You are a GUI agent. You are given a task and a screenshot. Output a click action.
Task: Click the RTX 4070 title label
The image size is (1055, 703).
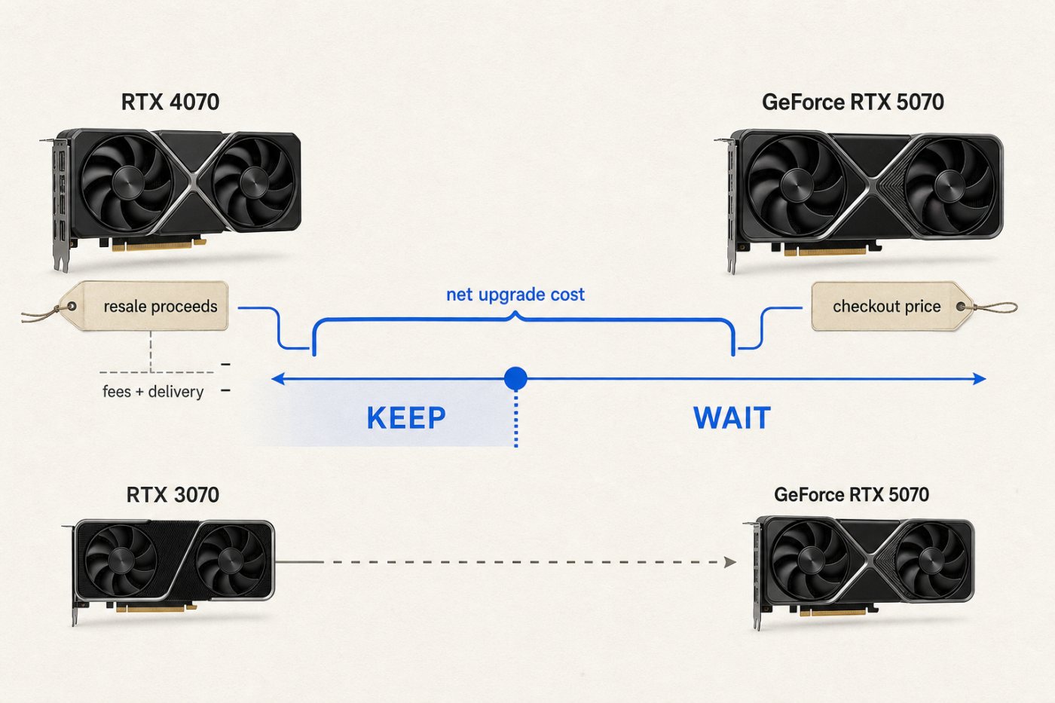pyautogui.click(x=170, y=102)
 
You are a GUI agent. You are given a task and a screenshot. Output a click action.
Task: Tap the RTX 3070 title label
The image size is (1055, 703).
pyautogui.click(x=173, y=495)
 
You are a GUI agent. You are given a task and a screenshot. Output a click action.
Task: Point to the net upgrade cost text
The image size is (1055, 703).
pyautogui.click(x=515, y=295)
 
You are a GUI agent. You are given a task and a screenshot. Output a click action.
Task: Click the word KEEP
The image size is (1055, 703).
pyautogui.click(x=406, y=417)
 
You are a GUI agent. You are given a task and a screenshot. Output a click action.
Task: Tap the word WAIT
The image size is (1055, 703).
pyautogui.click(x=732, y=417)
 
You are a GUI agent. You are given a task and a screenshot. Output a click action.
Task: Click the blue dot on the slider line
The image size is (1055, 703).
pyautogui.click(x=515, y=378)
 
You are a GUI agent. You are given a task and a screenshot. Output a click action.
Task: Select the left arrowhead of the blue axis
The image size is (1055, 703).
pyautogui.click(x=278, y=378)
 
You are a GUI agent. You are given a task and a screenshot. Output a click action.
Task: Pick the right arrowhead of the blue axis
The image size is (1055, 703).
pyautogui.click(x=979, y=378)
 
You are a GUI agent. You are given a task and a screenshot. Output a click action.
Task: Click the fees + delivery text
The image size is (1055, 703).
pyautogui.click(x=153, y=392)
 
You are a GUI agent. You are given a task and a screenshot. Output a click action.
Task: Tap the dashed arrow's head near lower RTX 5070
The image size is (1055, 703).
pyautogui.click(x=730, y=562)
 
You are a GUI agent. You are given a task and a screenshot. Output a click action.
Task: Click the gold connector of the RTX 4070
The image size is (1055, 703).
pyautogui.click(x=159, y=246)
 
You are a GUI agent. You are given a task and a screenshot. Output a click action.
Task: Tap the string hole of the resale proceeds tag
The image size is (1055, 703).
pyautogui.click(x=72, y=307)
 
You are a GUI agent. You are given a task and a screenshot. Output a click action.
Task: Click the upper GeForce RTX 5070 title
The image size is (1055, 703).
pyautogui.click(x=852, y=102)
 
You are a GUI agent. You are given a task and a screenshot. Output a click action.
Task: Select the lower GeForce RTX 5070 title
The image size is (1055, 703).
pyautogui.click(x=852, y=495)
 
